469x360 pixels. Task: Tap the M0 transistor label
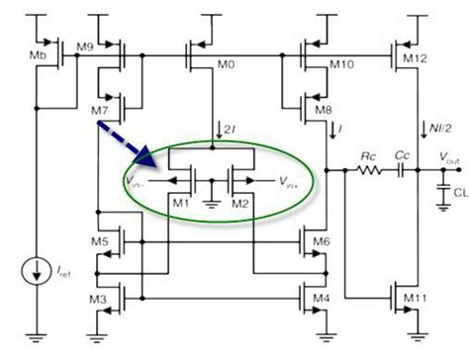tap(227, 65)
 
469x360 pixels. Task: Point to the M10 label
tap(340, 65)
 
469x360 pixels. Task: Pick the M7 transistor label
tap(98, 107)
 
